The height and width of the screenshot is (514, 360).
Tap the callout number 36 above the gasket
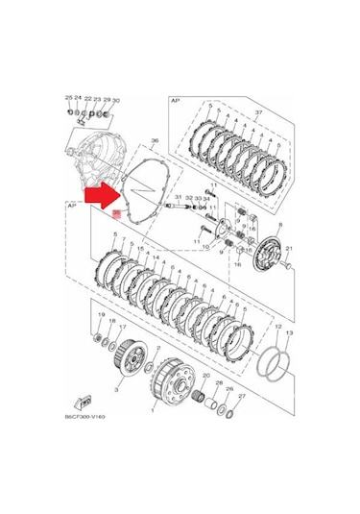click(153, 141)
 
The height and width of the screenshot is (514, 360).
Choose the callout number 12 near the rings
click(276, 326)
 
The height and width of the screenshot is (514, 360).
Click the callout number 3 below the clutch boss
click(116, 392)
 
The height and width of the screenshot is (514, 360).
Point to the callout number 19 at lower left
click(99, 314)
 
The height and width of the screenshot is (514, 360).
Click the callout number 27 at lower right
click(242, 396)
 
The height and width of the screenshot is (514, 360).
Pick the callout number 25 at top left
click(68, 98)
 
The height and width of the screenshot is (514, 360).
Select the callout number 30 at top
click(116, 100)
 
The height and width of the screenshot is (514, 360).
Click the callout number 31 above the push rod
click(178, 197)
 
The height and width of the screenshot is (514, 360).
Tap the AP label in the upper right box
click(175, 100)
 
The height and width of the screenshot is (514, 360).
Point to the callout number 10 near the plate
click(203, 247)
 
